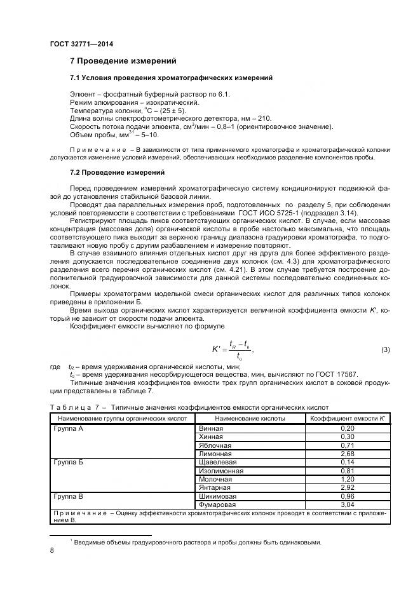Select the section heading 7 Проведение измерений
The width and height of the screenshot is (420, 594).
pyautogui.click(x=123, y=61)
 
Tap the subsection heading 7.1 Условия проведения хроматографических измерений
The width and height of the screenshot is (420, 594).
pyautogui.click(x=171, y=78)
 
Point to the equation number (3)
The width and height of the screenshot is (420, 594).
pyautogui.click(x=385, y=350)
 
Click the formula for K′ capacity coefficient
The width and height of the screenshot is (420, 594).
pyautogui.click(x=233, y=350)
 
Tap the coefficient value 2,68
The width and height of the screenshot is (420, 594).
pyautogui.click(x=348, y=454)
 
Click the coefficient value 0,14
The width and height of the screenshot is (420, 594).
pyautogui.click(x=348, y=462)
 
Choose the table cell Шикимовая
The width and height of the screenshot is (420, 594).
pyautogui.click(x=217, y=496)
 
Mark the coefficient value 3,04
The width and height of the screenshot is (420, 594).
pyautogui.click(x=348, y=504)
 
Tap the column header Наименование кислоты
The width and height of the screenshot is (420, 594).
pyautogui.click(x=250, y=419)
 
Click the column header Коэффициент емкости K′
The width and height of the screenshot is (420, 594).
pyautogui.click(x=348, y=419)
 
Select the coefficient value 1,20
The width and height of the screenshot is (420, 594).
pyautogui.click(x=348, y=479)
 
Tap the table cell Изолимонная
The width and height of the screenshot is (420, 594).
pyautogui.click(x=221, y=471)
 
